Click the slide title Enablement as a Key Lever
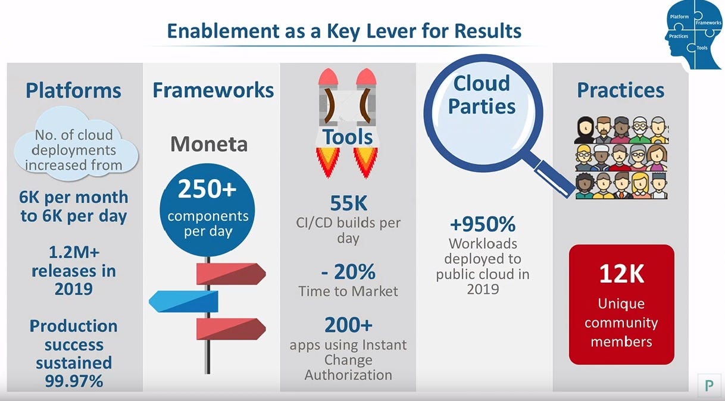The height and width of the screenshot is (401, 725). [344, 30]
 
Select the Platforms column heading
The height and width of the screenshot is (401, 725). [73, 90]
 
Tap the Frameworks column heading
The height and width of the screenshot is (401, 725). [213, 90]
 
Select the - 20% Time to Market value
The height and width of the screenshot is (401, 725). [348, 272]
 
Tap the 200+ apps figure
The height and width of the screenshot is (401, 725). [348, 325]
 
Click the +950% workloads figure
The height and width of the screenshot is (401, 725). [482, 224]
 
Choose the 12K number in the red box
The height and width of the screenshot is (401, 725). [621, 274]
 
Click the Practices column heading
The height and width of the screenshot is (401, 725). [620, 90]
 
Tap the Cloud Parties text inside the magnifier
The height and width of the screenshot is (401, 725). [482, 95]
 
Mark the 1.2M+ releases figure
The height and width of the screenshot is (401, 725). [73, 252]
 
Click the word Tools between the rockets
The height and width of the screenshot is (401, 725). [348, 137]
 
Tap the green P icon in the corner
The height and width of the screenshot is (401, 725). [709, 385]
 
